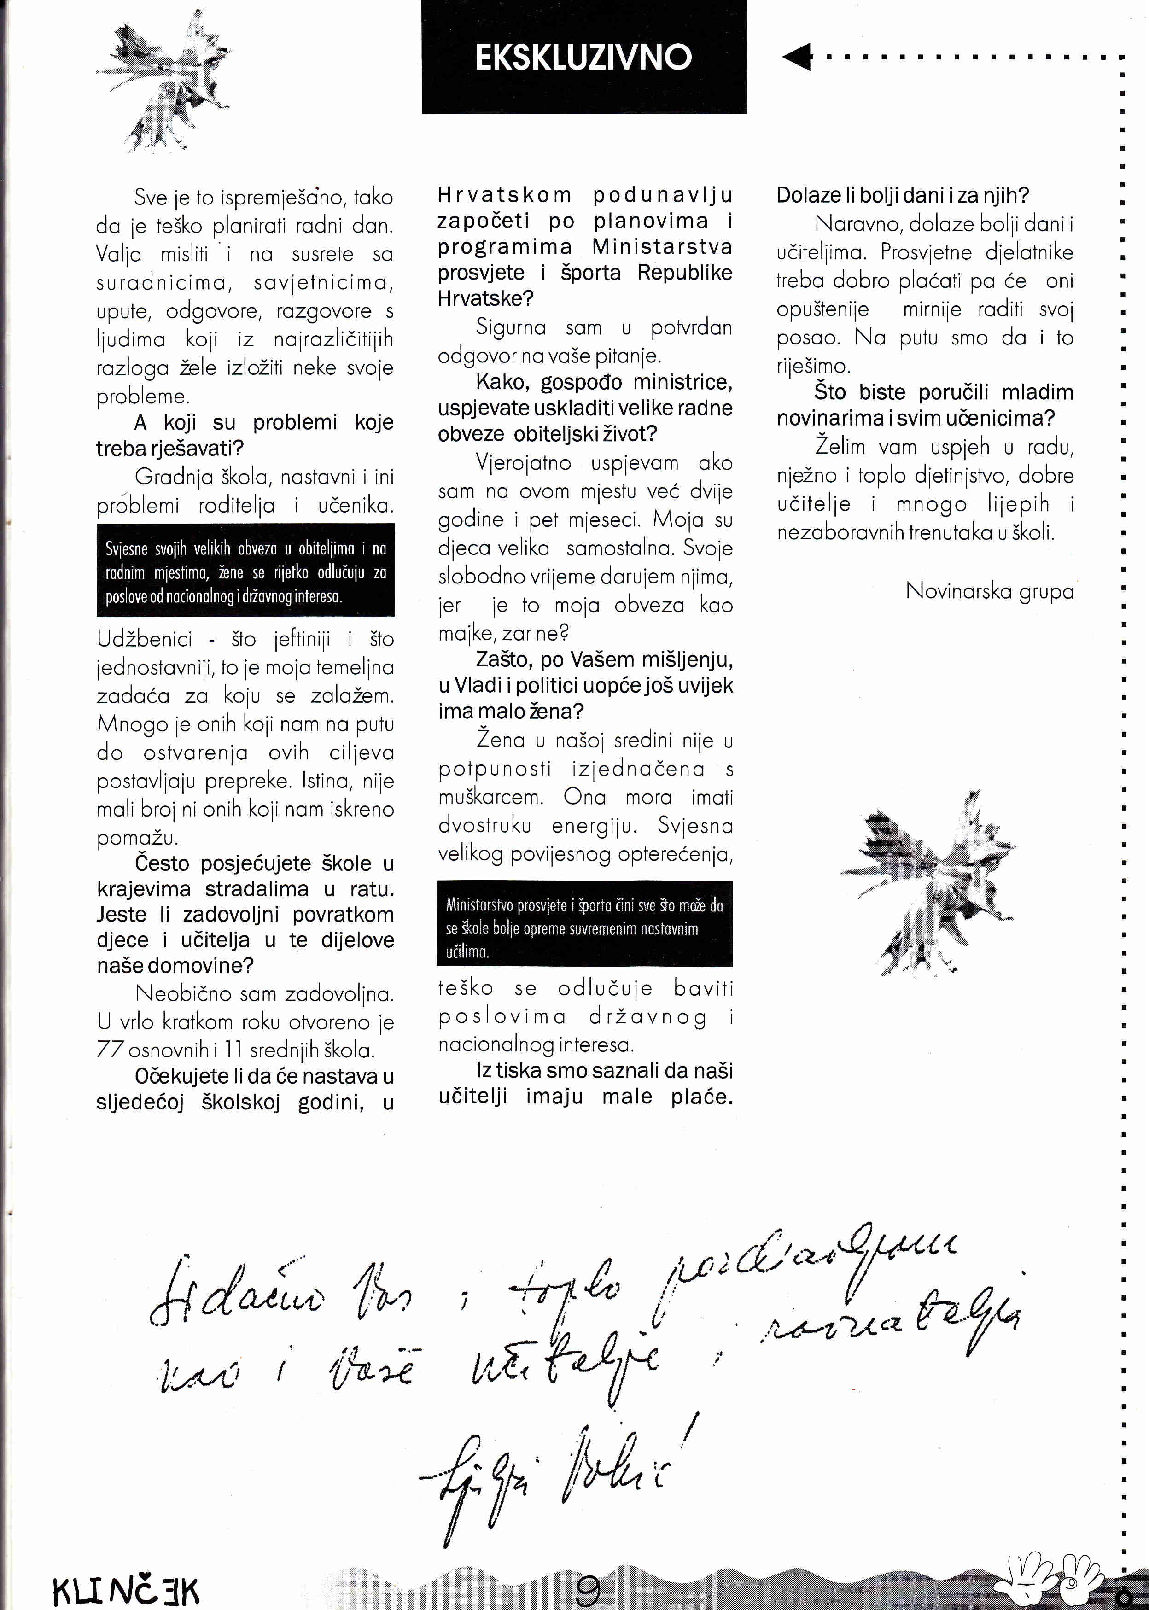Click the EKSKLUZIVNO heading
(x=583, y=57)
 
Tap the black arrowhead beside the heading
(x=797, y=57)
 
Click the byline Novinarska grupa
(x=989, y=591)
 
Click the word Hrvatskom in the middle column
(x=504, y=195)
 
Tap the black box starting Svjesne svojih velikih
(x=245, y=570)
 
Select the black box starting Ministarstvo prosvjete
(x=584, y=924)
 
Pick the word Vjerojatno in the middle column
(x=523, y=463)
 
